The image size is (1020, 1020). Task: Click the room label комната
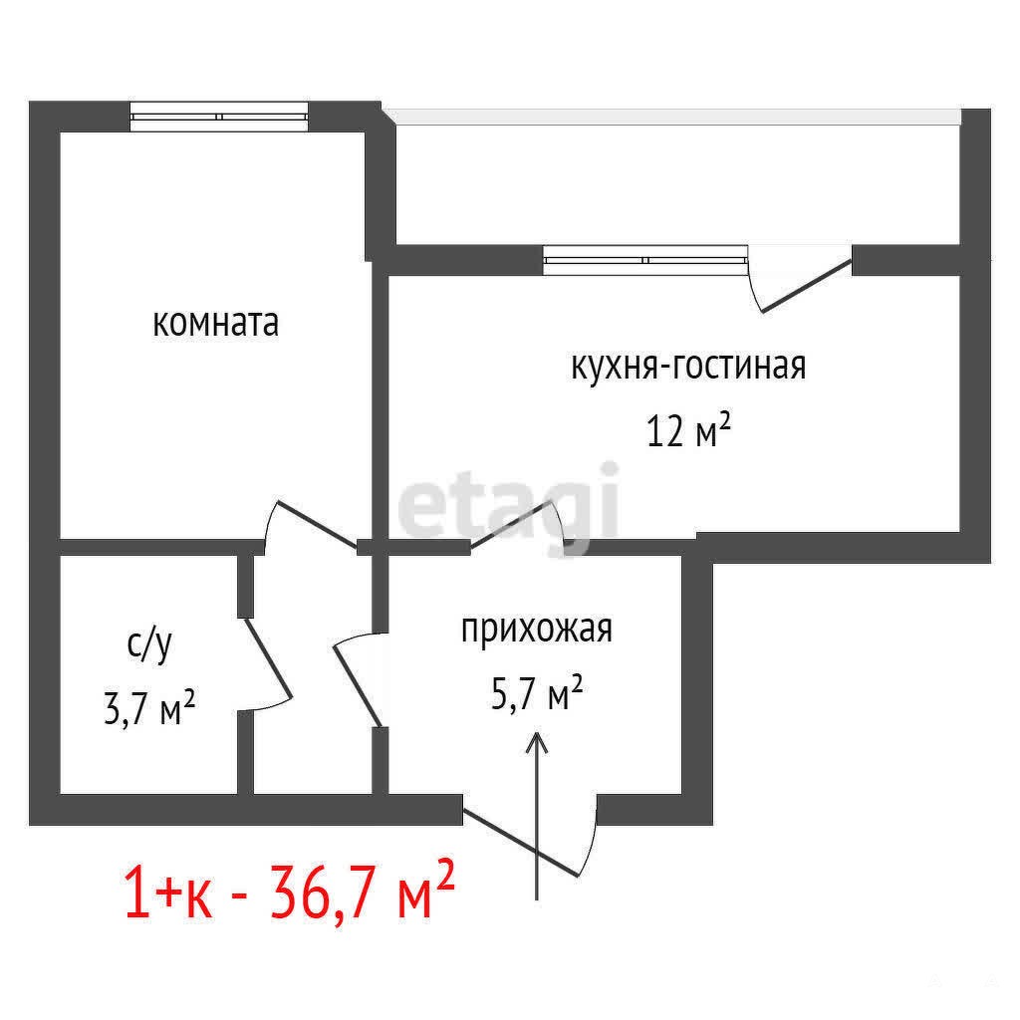[x=215, y=323]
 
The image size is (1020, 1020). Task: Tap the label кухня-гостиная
[x=688, y=367]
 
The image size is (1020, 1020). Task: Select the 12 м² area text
[x=689, y=429]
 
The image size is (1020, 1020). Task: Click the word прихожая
[x=537, y=630]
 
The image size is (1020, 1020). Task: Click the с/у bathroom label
[x=149, y=645]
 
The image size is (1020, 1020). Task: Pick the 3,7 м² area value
[x=149, y=708]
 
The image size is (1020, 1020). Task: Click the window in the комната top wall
[x=218, y=117]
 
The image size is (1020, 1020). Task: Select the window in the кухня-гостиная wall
[x=645, y=260]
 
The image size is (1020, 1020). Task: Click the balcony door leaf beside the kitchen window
[x=807, y=286]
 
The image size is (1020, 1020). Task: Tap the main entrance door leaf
[x=520, y=844]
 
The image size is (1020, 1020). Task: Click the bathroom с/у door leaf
[x=267, y=658]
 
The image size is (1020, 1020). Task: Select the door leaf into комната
[x=318, y=524]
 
